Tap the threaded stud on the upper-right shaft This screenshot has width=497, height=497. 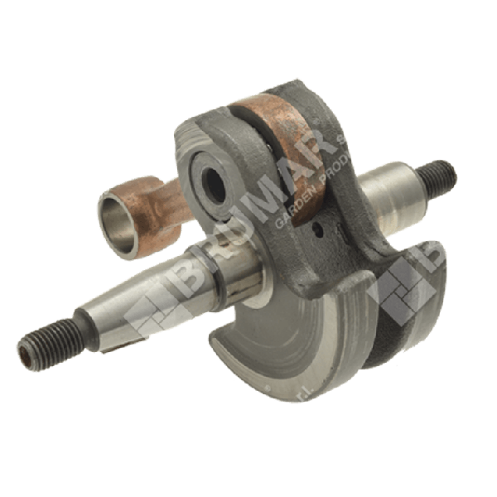439,175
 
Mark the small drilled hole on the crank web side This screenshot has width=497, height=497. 318,222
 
